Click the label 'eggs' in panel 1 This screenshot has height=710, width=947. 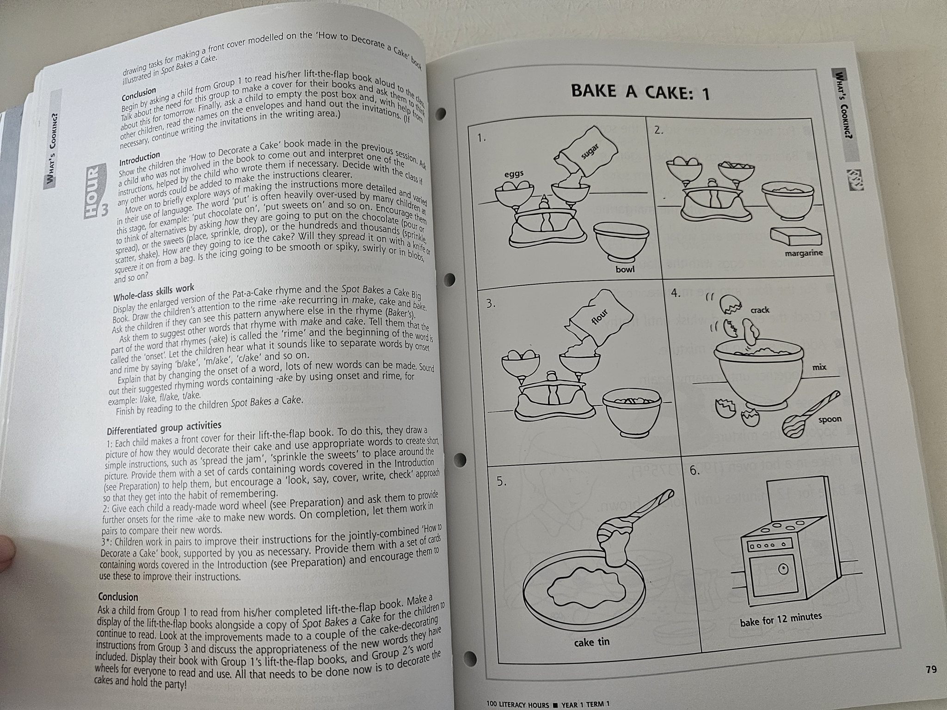click(514, 173)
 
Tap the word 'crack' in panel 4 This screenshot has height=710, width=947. click(760, 310)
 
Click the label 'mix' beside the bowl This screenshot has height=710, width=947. click(819, 368)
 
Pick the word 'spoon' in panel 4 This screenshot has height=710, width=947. click(830, 420)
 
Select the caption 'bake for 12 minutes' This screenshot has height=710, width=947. click(781, 619)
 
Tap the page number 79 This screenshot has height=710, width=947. click(931, 669)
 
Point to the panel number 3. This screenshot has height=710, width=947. click(491, 304)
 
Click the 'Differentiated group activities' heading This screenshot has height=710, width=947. click(164, 428)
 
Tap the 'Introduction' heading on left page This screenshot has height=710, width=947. click(140, 159)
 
